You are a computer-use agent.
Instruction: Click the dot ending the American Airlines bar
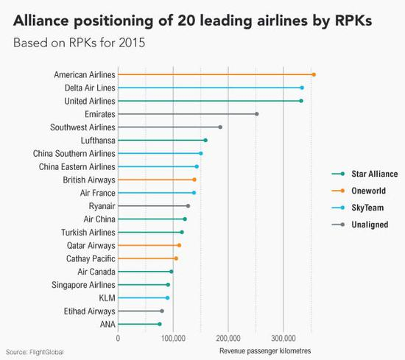point(314,74)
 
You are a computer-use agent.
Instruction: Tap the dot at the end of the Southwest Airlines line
point(220,127)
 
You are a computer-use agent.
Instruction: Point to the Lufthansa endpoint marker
point(205,140)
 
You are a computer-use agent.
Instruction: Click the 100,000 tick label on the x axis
point(173,339)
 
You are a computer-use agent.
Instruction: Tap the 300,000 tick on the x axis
point(283,339)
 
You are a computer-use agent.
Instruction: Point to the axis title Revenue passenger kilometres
point(265,350)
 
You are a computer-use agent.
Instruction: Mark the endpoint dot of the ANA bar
point(159,324)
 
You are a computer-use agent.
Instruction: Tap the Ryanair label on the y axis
point(102,205)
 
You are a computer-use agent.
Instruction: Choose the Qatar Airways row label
point(91,245)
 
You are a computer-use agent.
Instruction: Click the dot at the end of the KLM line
point(167,297)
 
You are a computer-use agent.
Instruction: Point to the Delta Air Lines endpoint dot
point(302,88)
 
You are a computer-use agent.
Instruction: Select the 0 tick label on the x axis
point(118,339)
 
